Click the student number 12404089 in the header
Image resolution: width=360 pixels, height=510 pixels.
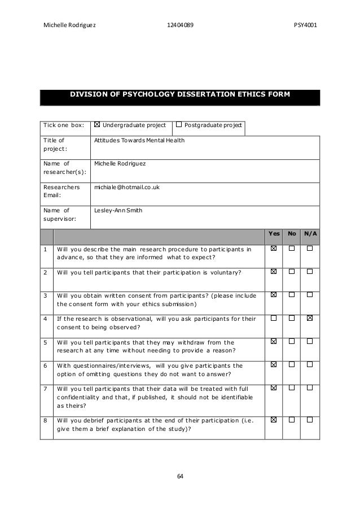click(x=180, y=25)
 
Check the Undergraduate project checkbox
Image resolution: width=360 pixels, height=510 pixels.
click(x=97, y=124)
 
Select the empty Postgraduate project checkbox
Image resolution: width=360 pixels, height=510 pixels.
click(x=179, y=124)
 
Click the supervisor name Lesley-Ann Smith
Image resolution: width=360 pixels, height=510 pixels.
click(x=118, y=211)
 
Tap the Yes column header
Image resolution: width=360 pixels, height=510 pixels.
click(x=274, y=233)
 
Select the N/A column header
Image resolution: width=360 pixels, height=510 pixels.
click(x=310, y=233)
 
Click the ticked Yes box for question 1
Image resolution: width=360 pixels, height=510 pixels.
click(x=274, y=249)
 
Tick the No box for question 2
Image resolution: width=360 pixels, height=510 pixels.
click(x=292, y=272)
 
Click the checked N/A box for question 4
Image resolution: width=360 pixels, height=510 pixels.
click(x=310, y=319)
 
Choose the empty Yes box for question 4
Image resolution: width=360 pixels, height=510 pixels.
click(x=274, y=319)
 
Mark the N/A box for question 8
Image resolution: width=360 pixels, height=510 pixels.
click(x=310, y=420)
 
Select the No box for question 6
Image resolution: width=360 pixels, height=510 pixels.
click(x=292, y=365)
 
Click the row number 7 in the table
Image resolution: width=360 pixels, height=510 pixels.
click(x=45, y=389)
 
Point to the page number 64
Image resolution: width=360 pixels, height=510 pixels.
click(x=180, y=475)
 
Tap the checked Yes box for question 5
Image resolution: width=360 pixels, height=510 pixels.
click(x=274, y=342)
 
